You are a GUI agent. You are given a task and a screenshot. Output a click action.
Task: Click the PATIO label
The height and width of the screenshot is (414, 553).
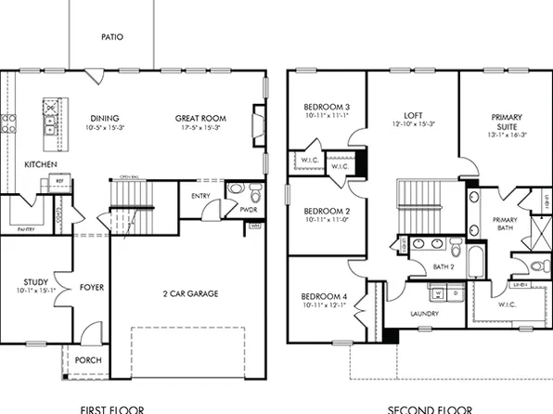click(x=112, y=38)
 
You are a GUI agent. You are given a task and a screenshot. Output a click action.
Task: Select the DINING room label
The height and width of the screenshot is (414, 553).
click(x=104, y=118)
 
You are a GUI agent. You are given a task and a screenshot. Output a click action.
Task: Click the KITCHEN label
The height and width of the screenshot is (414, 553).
click(x=41, y=164)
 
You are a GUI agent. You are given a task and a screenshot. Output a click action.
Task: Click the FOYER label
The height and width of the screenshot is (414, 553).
click(x=91, y=287)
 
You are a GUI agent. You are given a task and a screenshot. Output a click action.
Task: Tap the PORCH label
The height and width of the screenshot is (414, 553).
click(x=88, y=360)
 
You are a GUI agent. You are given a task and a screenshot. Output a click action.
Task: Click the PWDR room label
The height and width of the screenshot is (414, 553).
click(x=248, y=210)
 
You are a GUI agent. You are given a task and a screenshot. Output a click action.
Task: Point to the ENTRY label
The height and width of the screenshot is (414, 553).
click(x=200, y=195)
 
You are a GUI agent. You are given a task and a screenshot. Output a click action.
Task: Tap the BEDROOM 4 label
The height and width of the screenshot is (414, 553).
click(x=325, y=297)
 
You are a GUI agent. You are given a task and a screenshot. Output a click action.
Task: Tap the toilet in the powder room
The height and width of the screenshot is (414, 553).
click(x=254, y=193)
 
